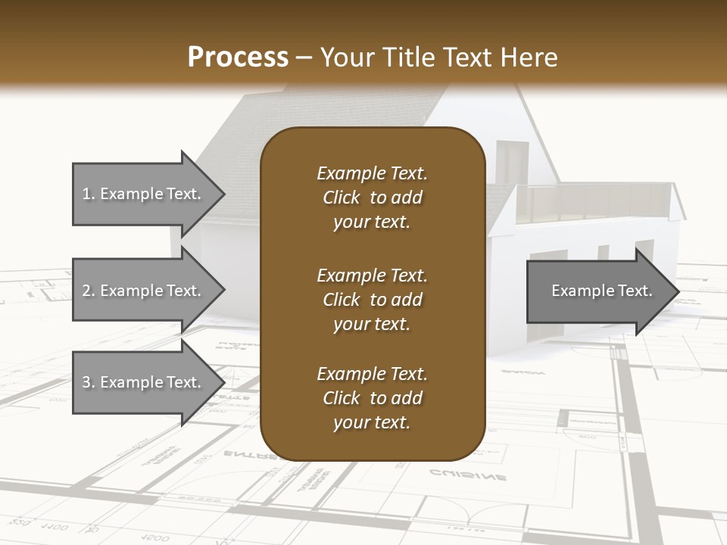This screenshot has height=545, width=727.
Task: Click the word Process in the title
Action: coord(238,58)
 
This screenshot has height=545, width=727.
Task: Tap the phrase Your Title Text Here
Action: coord(438,58)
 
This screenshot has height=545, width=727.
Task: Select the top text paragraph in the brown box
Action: coord(372,198)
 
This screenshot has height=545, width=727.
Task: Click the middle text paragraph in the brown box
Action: coord(372,299)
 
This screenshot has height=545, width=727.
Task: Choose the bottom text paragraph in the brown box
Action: coord(372,398)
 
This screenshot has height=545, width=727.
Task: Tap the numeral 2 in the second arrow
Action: coord(86,291)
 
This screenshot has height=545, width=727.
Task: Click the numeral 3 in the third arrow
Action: coord(86,382)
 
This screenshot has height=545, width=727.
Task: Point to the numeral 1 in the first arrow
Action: coord(86,194)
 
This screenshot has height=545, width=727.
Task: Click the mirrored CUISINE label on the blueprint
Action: coord(467,475)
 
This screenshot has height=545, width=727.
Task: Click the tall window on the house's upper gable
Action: coord(512,161)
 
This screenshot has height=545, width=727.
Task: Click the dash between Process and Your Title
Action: coord(304,58)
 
